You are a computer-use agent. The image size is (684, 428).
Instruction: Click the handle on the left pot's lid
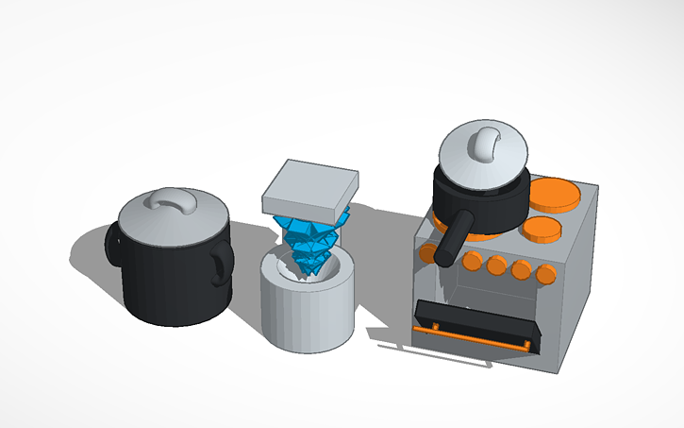click(172, 199)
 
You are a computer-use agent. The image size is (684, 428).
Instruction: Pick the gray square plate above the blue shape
click(309, 187)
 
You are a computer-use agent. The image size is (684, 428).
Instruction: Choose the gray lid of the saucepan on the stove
click(462, 161)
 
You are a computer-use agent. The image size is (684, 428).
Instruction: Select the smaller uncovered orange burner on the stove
click(541, 229)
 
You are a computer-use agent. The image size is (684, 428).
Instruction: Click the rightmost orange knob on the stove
click(545, 273)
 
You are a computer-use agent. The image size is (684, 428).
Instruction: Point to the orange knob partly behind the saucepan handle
click(429, 252)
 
